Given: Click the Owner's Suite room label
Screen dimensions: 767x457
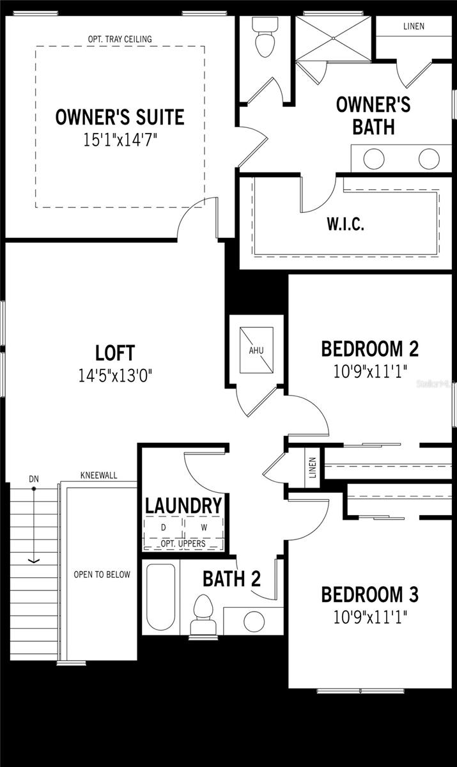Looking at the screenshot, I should coord(120,117).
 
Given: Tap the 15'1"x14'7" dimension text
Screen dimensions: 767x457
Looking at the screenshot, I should coord(120,139).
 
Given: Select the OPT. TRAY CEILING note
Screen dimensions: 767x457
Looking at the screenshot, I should coord(120,40).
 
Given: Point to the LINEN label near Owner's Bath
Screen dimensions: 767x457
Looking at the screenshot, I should coord(414,26).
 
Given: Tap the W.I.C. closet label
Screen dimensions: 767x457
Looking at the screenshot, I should coord(345,225).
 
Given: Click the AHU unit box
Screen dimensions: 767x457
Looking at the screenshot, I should coord(256,350).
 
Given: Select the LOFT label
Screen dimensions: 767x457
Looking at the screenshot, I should coord(115,353).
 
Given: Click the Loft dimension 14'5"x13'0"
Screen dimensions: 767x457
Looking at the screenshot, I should coord(115,375).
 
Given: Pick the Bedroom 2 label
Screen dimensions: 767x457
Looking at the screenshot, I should coord(369,349).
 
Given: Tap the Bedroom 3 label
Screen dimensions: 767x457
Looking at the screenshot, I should coord(369,594).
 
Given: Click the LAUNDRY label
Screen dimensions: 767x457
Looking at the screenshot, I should coord(183,506).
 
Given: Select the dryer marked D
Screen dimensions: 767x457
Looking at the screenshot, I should coord(163,528).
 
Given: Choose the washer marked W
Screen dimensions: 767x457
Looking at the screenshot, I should coord(204,528).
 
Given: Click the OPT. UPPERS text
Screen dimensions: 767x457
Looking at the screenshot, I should coord(183,543).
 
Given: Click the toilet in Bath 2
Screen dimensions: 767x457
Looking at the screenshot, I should coord(202,614).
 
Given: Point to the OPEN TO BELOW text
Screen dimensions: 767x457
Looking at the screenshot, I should coord(102,575).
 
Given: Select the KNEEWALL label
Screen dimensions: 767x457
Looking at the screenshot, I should coord(98,476).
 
